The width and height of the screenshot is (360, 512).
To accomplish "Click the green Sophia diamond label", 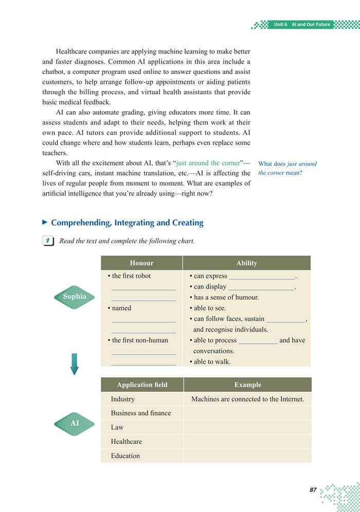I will pyautogui.click(x=75, y=297).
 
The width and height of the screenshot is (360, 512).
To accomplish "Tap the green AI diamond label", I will pyautogui.click(x=75, y=423).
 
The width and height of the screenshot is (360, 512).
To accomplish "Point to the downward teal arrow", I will pyautogui.click(x=74, y=363).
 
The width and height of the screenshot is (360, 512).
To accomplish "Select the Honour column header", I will pyautogui.click(x=141, y=263).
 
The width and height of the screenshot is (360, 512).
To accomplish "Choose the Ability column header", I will pyautogui.click(x=246, y=263).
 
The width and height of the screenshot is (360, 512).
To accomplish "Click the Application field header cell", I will pyautogui.click(x=142, y=385).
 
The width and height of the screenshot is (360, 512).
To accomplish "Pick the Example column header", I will pyautogui.click(x=247, y=385).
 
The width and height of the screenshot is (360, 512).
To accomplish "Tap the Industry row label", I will pyautogui.click(x=122, y=399).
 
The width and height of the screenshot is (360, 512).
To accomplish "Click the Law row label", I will pyautogui.click(x=117, y=427).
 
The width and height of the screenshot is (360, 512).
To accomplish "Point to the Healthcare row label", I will pyautogui.click(x=126, y=441).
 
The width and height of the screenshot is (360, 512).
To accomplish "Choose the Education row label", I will pyautogui.click(x=125, y=455).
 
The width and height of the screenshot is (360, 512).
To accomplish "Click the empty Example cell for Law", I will pyautogui.click(x=247, y=427).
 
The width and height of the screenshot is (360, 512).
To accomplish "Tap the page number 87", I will pyautogui.click(x=313, y=490).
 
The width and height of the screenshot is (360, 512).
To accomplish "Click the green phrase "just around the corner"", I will pyautogui.click(x=208, y=163).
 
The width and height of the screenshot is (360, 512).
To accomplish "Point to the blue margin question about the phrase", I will pyautogui.click(x=287, y=168).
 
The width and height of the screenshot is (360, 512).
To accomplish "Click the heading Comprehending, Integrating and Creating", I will pyautogui.click(x=127, y=223).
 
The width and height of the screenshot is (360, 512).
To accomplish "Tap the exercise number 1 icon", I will pyautogui.click(x=48, y=241).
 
